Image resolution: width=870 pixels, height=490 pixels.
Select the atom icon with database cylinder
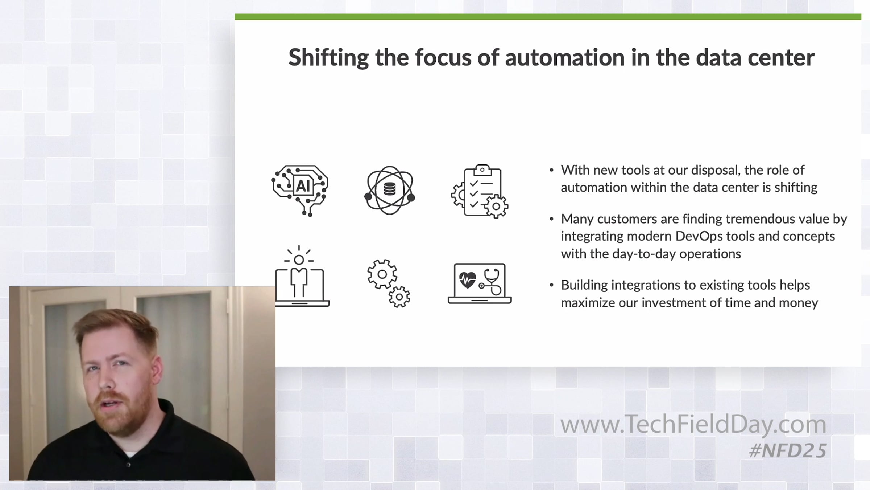[390, 190]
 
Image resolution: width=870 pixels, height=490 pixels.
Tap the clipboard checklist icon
[480, 191]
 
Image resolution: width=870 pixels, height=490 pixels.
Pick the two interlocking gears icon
[389, 283]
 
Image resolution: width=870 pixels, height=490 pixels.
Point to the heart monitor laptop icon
[480, 283]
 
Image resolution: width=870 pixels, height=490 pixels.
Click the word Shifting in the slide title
[328, 58]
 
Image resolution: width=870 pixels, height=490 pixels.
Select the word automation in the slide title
[565, 58]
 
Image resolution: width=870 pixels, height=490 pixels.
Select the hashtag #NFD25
[788, 451]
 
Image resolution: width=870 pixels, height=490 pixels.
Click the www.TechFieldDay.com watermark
[693, 424]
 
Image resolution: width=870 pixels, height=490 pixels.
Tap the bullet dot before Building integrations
[552, 285]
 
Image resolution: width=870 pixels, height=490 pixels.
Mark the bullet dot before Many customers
[552, 219]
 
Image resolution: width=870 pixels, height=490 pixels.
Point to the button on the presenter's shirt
[128, 465]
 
